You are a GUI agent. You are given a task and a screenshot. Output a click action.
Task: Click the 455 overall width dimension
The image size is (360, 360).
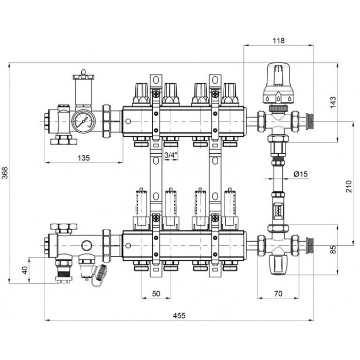(179, 315)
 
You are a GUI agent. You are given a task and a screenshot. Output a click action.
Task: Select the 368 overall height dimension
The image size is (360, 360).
(5, 173)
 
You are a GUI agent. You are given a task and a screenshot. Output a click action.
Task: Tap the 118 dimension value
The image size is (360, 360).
(279, 41)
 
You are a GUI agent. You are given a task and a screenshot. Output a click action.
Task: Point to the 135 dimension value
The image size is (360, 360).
(83, 158)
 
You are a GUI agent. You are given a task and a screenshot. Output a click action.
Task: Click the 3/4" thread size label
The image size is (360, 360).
(171, 155)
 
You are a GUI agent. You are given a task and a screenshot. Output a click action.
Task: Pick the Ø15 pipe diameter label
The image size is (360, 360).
(300, 174)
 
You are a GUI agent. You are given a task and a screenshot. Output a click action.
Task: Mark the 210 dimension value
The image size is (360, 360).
(349, 186)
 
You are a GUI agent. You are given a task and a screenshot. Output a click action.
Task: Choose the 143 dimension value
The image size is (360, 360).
(333, 102)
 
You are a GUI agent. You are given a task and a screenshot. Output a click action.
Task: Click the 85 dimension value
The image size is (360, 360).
(333, 249)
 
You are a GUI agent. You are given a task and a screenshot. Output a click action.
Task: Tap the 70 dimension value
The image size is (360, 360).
(278, 294)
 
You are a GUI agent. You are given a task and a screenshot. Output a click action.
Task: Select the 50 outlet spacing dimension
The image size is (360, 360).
(156, 294)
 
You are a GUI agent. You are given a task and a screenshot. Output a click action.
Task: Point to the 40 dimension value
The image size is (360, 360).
(25, 270)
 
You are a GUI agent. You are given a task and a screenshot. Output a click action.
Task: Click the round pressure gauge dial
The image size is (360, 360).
(83, 121)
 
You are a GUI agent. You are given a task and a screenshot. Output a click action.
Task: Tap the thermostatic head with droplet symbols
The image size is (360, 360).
(278, 83)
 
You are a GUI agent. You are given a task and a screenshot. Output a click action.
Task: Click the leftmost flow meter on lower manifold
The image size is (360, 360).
(141, 209)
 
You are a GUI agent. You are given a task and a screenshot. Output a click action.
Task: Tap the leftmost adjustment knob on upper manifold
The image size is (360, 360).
(141, 94)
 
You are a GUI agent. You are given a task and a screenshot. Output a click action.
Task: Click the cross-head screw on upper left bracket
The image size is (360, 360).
(156, 94)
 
